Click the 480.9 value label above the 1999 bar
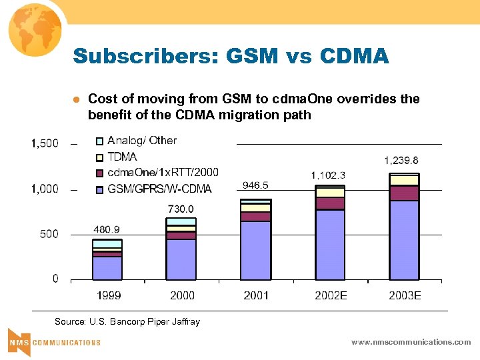pyautogui.click(x=107, y=229)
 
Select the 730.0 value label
pyautogui.click(x=181, y=209)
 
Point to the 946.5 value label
pyautogui.click(x=255, y=185)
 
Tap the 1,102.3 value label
pyautogui.click(x=328, y=175)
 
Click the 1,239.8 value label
pyautogui.click(x=401, y=160)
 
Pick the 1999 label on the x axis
pyautogui.click(x=108, y=295)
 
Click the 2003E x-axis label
pyautogui.click(x=405, y=295)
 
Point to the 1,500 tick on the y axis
pyautogui.click(x=45, y=143)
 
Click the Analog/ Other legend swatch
pyautogui.click(x=99, y=141)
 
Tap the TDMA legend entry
pyautogui.click(x=122, y=157)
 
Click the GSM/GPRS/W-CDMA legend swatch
pyautogui.click(x=99, y=189)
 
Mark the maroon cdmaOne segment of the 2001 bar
pyautogui.click(x=255, y=217)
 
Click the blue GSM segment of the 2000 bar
pyautogui.click(x=181, y=259)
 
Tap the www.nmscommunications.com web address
pyautogui.click(x=411, y=342)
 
